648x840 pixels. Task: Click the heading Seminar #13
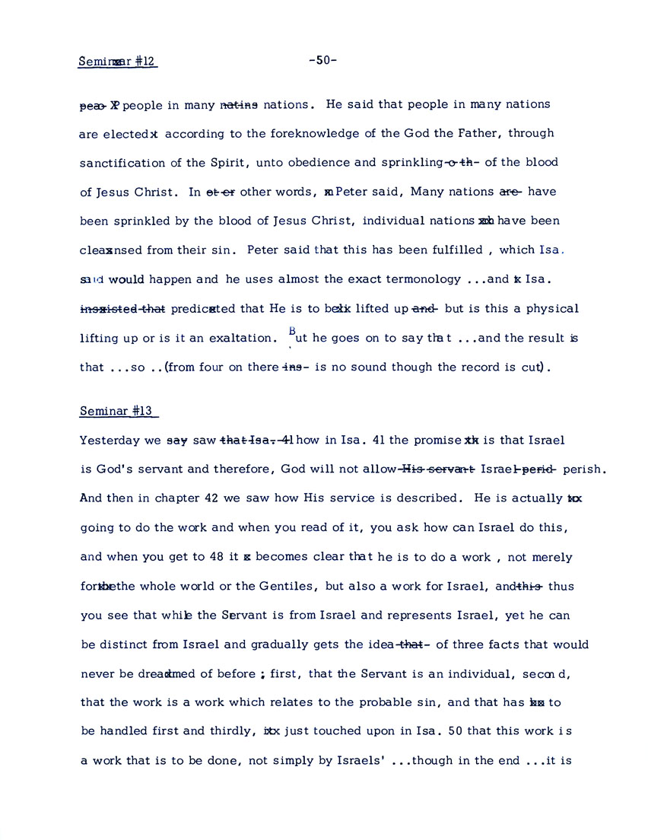(x=117, y=412)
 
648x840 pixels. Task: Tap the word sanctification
(x=122, y=163)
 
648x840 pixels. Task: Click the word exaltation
(x=239, y=338)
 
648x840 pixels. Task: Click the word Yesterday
(x=109, y=441)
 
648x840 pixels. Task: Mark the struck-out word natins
(x=240, y=104)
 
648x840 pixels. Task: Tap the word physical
(x=548, y=309)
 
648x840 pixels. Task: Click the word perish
(x=586, y=469)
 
